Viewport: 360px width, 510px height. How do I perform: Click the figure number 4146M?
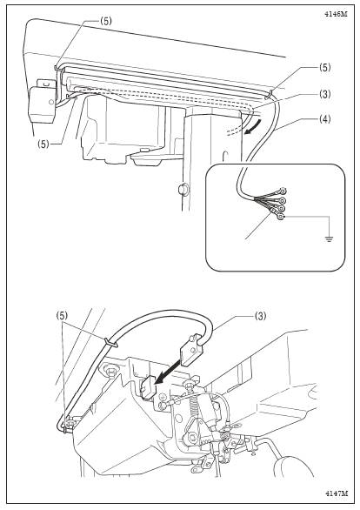pyautogui.click(x=336, y=14)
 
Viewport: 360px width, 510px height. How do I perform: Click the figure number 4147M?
pyautogui.click(x=336, y=493)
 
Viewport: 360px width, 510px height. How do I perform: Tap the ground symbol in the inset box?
pyautogui.click(x=330, y=240)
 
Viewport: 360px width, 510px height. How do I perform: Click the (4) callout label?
pyautogui.click(x=323, y=119)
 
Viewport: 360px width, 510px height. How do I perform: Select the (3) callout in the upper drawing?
pyautogui.click(x=323, y=94)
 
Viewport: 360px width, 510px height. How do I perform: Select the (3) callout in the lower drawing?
pyautogui.click(x=259, y=316)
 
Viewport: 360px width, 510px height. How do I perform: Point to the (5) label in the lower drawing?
pyautogui.click(x=63, y=315)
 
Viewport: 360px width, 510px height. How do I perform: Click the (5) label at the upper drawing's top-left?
pyautogui.click(x=105, y=21)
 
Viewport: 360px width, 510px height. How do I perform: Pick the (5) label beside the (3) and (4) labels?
pyautogui.click(x=324, y=68)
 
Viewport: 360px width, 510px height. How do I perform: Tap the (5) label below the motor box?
pyautogui.click(x=43, y=144)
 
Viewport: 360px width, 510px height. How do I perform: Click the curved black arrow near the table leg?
pyautogui.click(x=252, y=129)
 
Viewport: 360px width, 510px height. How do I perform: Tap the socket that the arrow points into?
pyautogui.click(x=148, y=387)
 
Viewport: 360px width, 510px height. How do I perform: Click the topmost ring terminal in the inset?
pyautogui.click(x=283, y=191)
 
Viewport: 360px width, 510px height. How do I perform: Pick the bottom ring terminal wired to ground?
pyautogui.click(x=281, y=216)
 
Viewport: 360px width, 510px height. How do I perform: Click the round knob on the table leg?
pyautogui.click(x=183, y=188)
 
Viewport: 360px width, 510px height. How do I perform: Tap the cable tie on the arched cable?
pyautogui.click(x=111, y=342)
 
